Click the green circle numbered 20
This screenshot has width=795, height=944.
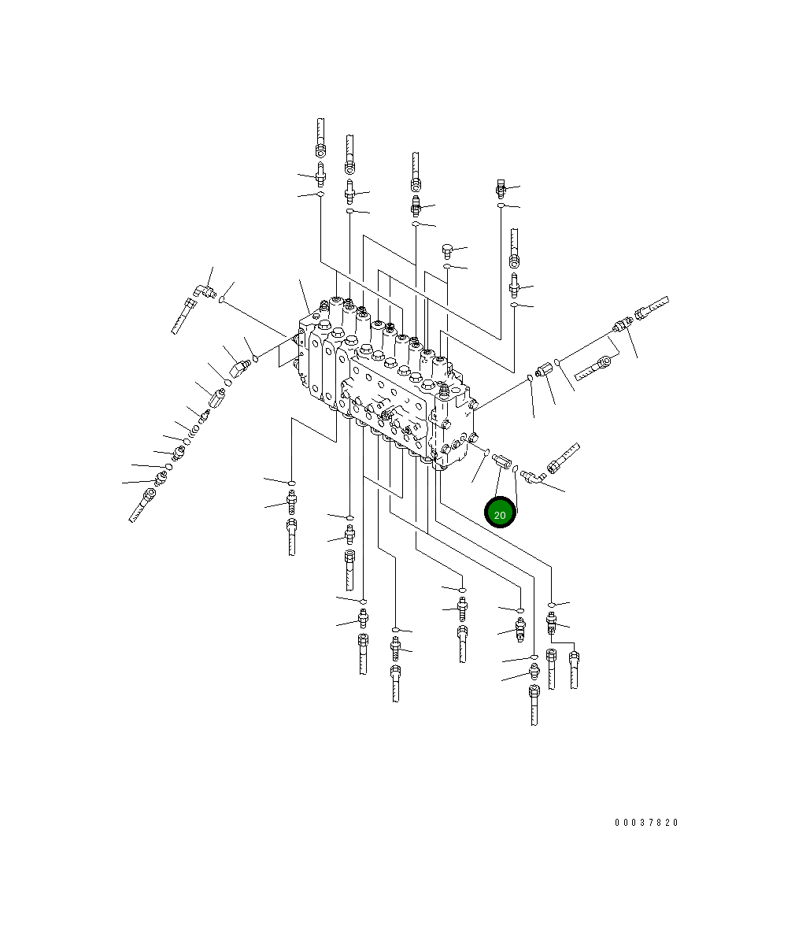pos(500,513)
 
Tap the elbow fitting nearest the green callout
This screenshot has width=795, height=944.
pos(533,477)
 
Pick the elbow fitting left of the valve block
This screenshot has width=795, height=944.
pos(205,292)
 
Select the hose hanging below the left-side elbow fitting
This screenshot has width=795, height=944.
pos(183,317)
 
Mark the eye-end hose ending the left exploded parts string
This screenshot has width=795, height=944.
pos(142,505)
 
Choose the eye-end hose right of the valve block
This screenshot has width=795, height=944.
pos(593,368)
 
